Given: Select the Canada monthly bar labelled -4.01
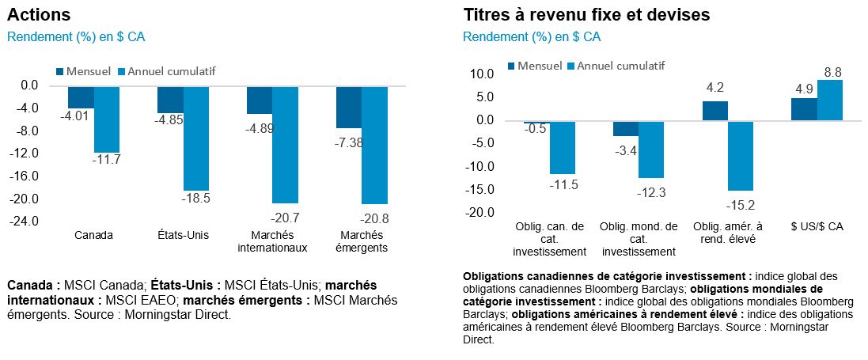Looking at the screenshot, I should [x=81, y=97].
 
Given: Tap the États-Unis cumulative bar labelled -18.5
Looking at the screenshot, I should [x=195, y=138].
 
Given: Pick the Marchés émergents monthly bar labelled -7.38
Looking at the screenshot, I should [x=349, y=107].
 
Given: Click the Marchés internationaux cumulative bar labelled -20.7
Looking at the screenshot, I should [x=285, y=144].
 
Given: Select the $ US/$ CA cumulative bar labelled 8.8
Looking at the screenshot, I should [x=829, y=100].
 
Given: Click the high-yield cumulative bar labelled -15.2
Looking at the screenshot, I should [x=741, y=156].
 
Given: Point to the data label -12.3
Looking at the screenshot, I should [x=652, y=192].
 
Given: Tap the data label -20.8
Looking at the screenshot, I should [x=374, y=218].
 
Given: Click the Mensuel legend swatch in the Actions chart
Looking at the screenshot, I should [x=61, y=71].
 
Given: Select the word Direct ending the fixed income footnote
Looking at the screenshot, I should [x=478, y=340].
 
